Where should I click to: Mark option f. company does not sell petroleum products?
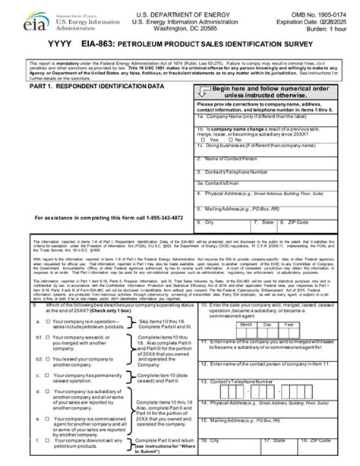tap(46, 440)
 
